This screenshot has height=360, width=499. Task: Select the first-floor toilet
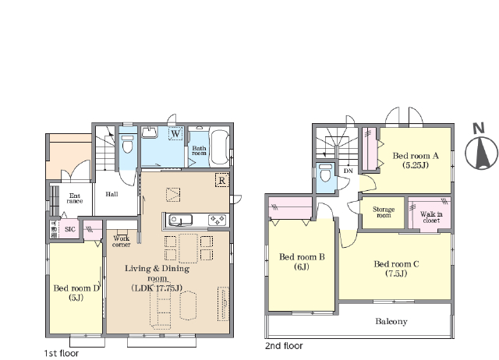128,144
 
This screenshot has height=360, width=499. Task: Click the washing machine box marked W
175,133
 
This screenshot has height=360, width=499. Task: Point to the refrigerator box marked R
221,180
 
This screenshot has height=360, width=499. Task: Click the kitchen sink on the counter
180,220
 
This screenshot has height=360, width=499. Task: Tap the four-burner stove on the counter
218,220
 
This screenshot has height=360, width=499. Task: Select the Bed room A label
416,160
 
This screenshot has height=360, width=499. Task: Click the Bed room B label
302,261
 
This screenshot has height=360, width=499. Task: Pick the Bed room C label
396,268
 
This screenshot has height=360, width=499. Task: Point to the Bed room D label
76,292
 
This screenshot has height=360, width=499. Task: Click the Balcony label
391,321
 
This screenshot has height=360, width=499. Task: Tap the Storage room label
384,212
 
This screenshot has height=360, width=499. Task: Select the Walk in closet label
431,217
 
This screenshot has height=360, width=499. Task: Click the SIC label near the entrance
70,229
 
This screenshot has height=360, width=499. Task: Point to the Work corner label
122,242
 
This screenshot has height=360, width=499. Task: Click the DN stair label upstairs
349,171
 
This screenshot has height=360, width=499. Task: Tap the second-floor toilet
325,172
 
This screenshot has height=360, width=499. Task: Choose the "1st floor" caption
61,353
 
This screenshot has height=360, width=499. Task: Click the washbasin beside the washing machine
150,132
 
